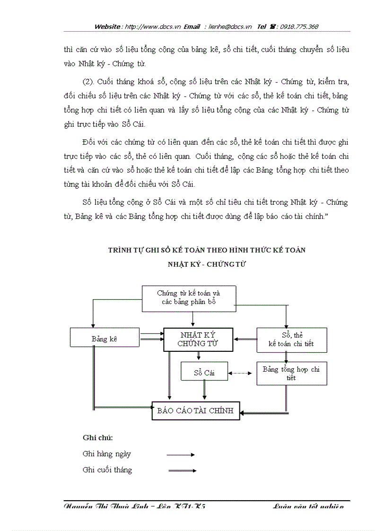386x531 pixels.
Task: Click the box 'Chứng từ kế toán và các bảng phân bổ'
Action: pyautogui.click(x=189, y=298)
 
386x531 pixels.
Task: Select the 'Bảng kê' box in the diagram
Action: pyautogui.click(x=105, y=339)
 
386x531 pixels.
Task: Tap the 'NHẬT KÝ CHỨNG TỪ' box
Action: pyautogui.click(x=198, y=339)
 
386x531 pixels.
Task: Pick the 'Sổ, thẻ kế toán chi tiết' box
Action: pyautogui.click(x=291, y=339)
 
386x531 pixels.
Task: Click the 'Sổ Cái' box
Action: pyautogui.click(x=204, y=372)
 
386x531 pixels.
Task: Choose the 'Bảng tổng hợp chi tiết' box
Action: pyautogui.click(x=291, y=373)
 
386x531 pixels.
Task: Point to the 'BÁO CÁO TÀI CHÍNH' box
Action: pyautogui.click(x=195, y=410)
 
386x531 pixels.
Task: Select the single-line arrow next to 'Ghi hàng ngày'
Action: pyautogui.click(x=180, y=454)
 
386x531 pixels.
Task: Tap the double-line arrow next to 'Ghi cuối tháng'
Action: pyautogui.click(x=182, y=470)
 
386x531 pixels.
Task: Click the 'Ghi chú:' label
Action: pyautogui.click(x=97, y=437)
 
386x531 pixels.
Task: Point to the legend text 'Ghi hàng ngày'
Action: pyautogui.click(x=106, y=454)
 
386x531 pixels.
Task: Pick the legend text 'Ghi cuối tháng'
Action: pyautogui.click(x=107, y=470)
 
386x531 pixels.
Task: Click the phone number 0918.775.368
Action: pyautogui.click(x=299, y=27)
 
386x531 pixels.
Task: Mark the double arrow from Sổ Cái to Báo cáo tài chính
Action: pyautogui.click(x=204, y=391)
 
